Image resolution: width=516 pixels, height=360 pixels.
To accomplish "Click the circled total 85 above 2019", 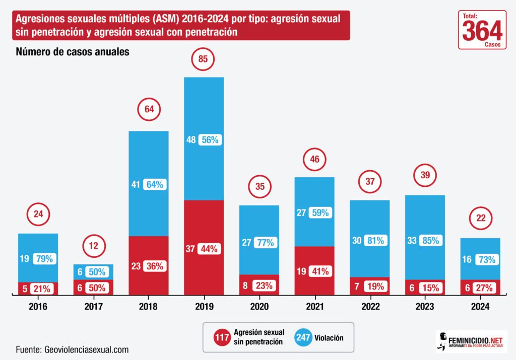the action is (x=203, y=59).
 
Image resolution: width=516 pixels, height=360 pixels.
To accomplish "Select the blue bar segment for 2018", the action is (x=149, y=183).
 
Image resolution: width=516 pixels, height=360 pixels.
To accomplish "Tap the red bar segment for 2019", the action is (x=204, y=248).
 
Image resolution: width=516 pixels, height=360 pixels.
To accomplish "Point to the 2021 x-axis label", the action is (x=314, y=307).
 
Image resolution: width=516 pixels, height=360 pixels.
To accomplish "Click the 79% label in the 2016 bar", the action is (x=44, y=259).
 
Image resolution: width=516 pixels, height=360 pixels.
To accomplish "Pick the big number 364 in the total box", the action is (x=482, y=31).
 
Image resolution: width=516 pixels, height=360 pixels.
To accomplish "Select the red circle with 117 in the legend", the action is (x=222, y=337).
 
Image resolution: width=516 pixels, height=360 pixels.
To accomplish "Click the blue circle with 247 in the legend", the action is (x=303, y=337).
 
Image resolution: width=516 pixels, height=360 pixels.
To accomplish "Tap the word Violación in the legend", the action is (x=329, y=338).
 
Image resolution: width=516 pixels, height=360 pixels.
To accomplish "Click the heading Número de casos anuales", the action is (x=73, y=52).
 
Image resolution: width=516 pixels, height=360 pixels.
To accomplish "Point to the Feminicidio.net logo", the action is (x=471, y=342).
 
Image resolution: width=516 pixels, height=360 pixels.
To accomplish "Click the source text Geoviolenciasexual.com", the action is (x=87, y=349).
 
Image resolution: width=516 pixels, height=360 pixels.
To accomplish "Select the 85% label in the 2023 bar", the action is (x=431, y=241).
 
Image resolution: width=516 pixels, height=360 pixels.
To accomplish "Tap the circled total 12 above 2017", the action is (x=93, y=246).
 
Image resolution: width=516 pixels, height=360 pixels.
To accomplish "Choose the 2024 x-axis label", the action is (x=480, y=307).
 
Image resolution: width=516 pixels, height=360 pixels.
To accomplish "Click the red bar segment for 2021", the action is (x=314, y=270).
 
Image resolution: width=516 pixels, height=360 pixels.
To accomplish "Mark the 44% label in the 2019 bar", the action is (x=209, y=249).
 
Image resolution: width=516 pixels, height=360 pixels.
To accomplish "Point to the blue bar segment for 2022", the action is (x=369, y=239).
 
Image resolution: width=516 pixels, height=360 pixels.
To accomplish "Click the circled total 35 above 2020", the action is (x=260, y=187).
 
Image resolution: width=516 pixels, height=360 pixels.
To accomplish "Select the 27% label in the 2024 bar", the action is (x=484, y=288).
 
